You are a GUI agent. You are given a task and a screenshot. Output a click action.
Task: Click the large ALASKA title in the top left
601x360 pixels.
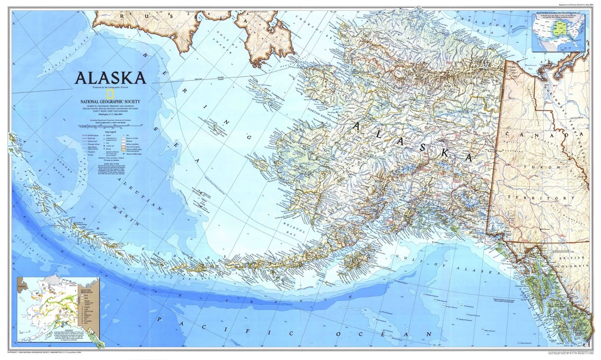pyautogui.click(x=110, y=78)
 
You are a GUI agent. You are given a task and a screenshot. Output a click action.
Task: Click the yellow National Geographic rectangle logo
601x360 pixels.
pyautogui.click(x=110, y=94)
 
